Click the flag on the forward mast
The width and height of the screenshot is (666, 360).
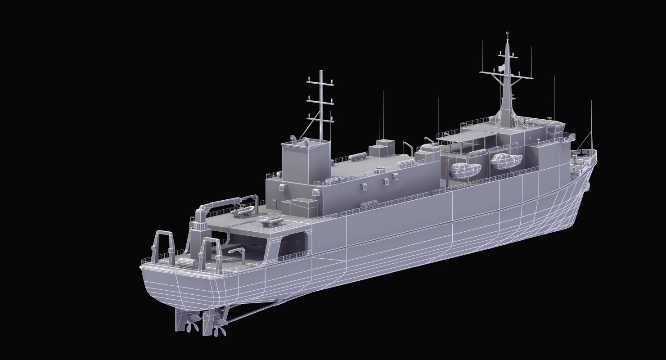click(x=501, y=68)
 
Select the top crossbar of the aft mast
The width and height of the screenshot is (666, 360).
click(x=320, y=81)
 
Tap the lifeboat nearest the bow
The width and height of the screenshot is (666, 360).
click(x=507, y=161)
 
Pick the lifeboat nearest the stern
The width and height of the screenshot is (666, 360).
click(x=465, y=170)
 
